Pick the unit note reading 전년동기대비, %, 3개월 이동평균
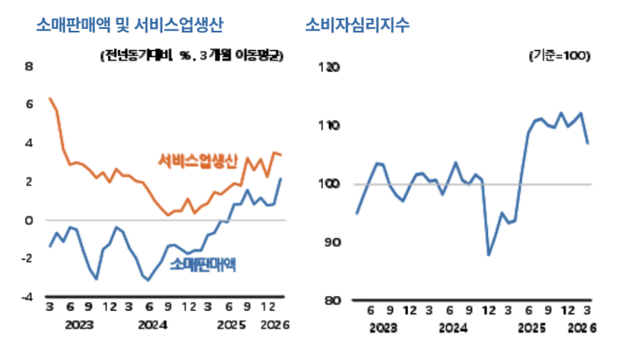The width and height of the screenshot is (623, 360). pyautogui.click(x=193, y=55)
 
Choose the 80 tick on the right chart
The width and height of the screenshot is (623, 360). pyautogui.click(x=331, y=300)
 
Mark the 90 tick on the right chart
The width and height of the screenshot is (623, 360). pyautogui.click(x=331, y=242)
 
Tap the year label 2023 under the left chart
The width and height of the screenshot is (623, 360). pyautogui.click(x=79, y=327)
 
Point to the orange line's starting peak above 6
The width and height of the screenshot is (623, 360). pyautogui.click(x=50, y=98)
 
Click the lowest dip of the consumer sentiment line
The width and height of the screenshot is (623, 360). pyautogui.click(x=489, y=255)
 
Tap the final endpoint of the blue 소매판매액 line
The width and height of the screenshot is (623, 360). pyautogui.click(x=281, y=179)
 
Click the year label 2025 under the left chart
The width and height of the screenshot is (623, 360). pyautogui.click(x=230, y=327)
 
